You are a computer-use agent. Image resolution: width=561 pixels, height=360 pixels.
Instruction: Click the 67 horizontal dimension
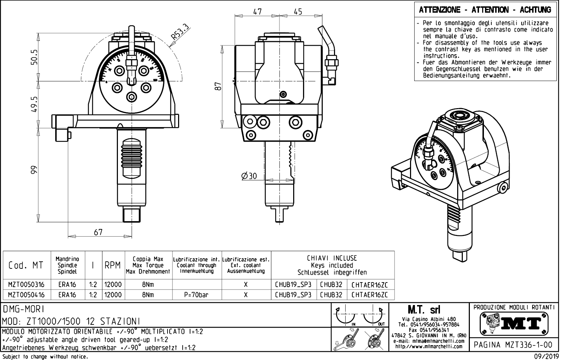[x=98, y=232]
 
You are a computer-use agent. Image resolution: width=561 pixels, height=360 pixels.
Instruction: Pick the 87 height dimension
[x=218, y=86]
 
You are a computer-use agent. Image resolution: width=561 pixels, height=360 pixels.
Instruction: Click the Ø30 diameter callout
[x=249, y=176]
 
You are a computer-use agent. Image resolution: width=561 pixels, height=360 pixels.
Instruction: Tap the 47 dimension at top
[x=258, y=12]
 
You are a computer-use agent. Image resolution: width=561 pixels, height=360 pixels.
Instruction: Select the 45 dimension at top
[x=298, y=12]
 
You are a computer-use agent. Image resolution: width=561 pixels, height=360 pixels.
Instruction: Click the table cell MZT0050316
[x=26, y=285]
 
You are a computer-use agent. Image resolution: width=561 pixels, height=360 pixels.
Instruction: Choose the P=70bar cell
[x=196, y=295]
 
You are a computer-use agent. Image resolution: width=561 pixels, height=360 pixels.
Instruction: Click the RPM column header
[x=113, y=265]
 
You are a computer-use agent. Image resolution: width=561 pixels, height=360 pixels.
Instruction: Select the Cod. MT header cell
[x=26, y=265]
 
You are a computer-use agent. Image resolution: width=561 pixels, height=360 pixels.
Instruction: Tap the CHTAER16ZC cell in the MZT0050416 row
[x=370, y=295]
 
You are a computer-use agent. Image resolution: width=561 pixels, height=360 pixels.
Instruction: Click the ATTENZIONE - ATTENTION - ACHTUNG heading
[x=485, y=10]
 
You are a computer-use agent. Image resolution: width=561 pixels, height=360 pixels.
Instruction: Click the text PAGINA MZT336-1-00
[x=513, y=345]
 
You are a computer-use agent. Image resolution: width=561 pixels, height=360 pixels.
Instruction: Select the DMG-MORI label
[x=24, y=309]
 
